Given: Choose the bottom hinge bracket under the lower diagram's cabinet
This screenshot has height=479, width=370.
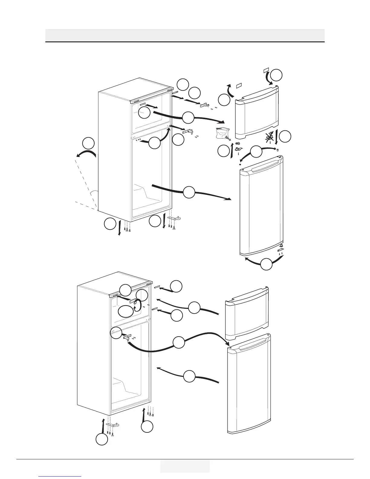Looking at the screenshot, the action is (x=112, y=425).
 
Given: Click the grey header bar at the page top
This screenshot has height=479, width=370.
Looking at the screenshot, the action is (x=185, y=35).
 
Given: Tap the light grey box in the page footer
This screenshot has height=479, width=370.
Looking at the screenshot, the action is (x=185, y=466).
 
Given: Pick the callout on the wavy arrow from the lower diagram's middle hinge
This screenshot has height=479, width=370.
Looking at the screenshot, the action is (x=179, y=343).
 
